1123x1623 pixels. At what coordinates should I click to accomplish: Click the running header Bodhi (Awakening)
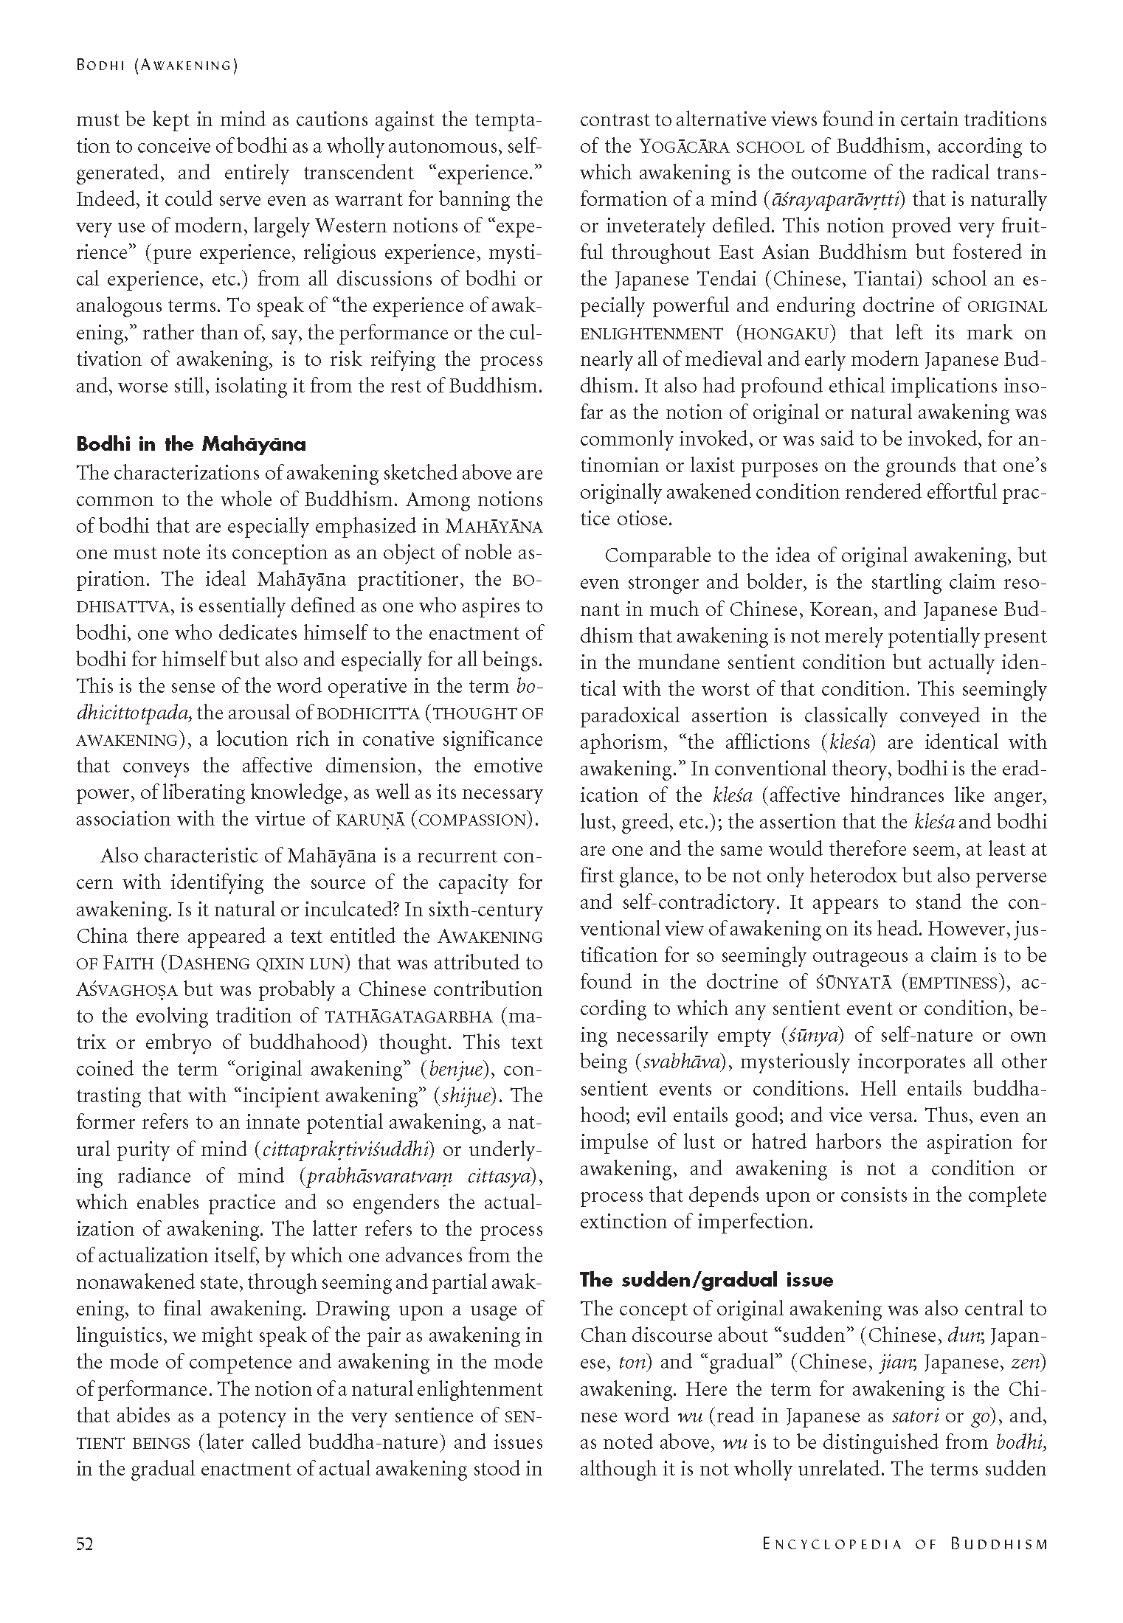(x=156, y=66)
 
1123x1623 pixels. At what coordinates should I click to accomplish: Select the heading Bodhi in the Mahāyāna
(x=190, y=444)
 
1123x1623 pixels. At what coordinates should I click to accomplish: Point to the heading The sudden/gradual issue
(x=707, y=1279)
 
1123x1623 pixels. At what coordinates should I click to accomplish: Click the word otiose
(x=626, y=519)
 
